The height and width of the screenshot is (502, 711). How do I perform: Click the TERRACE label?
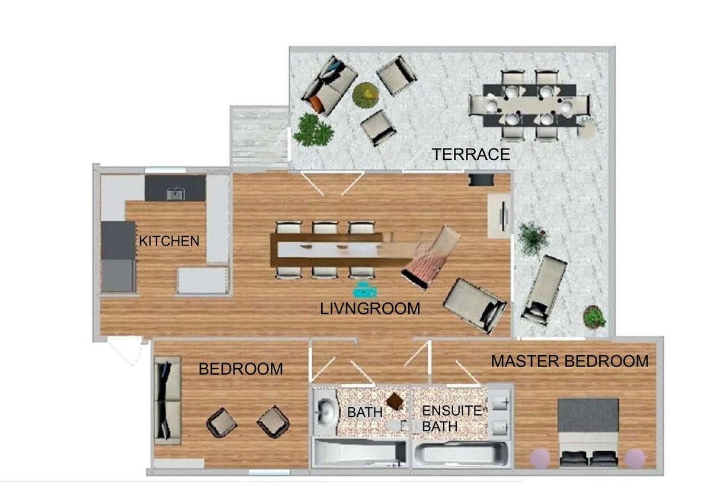click(x=471, y=155)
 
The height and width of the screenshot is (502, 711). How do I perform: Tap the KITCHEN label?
click(x=169, y=242)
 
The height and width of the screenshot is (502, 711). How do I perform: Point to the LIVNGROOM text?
click(x=370, y=309)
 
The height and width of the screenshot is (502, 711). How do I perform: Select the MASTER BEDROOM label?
click(x=570, y=361)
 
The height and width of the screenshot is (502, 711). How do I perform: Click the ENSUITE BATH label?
click(x=452, y=419)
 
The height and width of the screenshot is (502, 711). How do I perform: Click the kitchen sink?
click(x=175, y=194)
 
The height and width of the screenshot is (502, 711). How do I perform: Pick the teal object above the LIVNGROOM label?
click(x=366, y=291)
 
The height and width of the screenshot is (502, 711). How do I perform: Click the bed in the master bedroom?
click(x=588, y=433)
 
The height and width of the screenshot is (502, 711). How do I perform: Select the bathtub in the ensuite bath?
click(x=462, y=455)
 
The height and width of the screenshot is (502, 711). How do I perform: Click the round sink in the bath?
click(x=326, y=411)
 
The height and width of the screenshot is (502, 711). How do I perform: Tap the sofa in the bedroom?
click(x=167, y=401)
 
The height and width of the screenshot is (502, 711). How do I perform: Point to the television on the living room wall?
click(x=503, y=217)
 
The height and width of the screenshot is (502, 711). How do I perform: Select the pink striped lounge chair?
click(x=431, y=257)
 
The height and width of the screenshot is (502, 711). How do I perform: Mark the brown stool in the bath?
click(x=396, y=401)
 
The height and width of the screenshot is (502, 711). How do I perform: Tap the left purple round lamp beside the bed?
click(x=540, y=458)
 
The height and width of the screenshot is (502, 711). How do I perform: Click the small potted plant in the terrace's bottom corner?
click(x=594, y=316)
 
